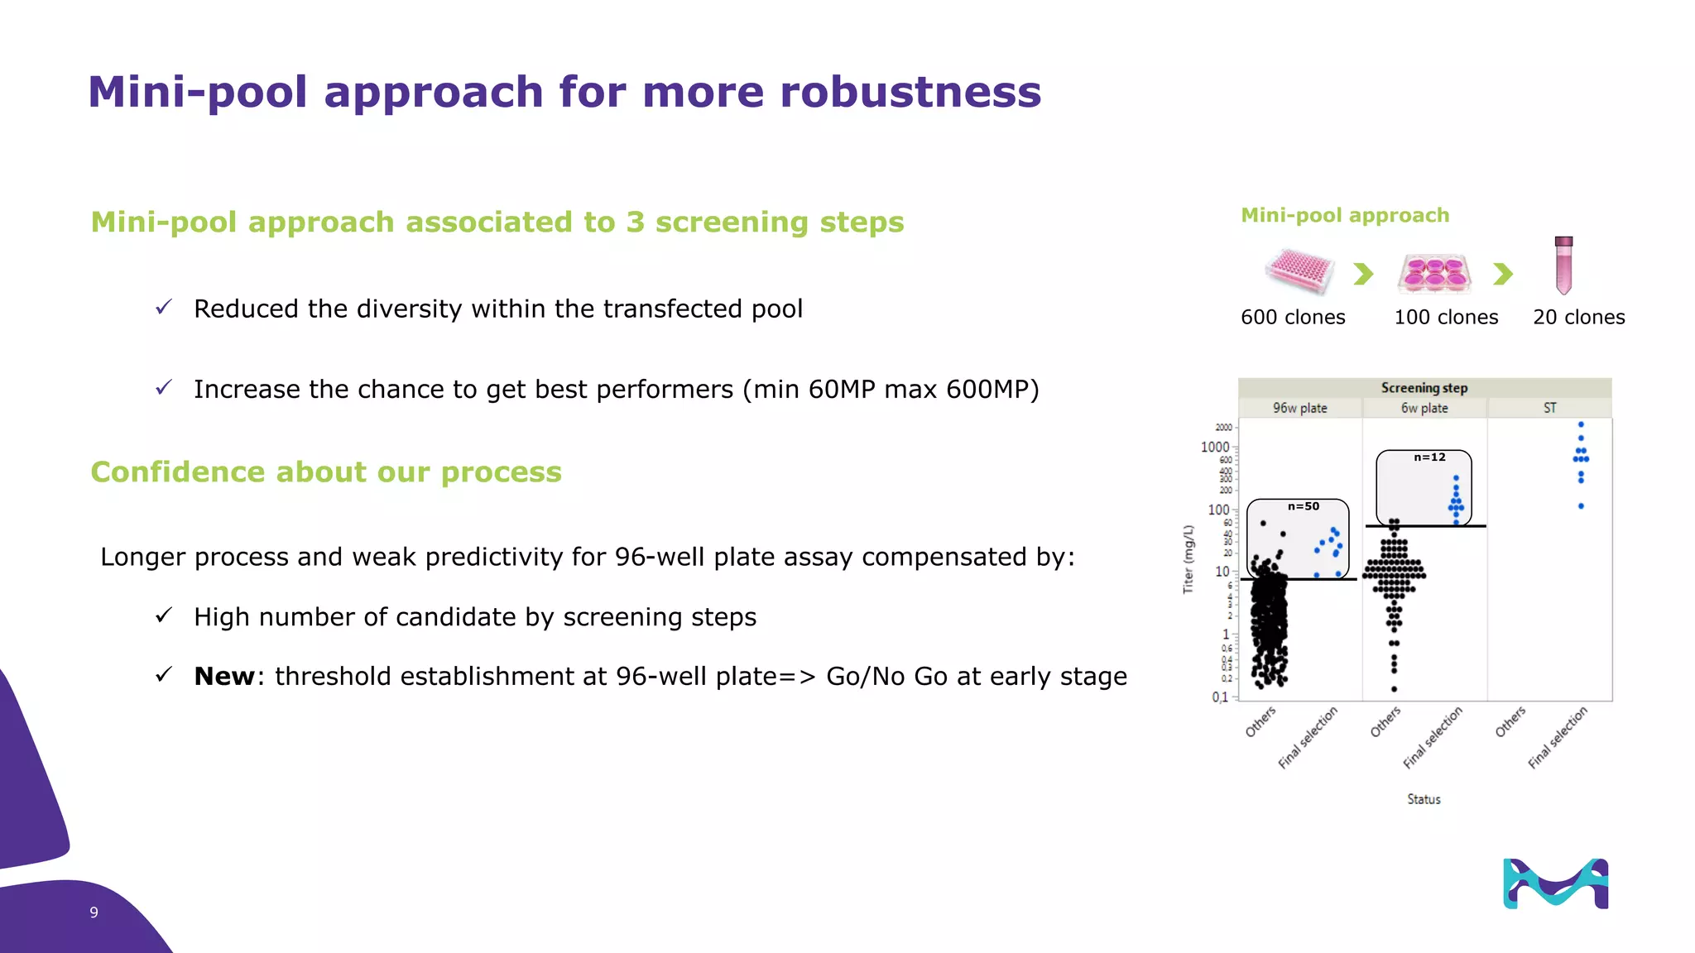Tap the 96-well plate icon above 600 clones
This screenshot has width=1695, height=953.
tap(1299, 271)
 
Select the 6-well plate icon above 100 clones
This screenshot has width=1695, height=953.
tap(1435, 274)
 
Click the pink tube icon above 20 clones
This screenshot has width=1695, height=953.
tap(1563, 266)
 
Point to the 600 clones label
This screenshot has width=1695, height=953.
tap(1293, 318)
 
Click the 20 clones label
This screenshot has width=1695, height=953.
tap(1578, 318)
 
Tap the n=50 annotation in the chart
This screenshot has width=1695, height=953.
tap(1304, 506)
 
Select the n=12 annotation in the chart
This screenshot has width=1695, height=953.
tap(1429, 457)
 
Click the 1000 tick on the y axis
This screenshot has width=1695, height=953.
tap(1215, 447)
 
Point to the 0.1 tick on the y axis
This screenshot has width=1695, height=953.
tap(1220, 697)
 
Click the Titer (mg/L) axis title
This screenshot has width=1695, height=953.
tap(1188, 559)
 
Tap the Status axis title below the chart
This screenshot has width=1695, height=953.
tap(1424, 799)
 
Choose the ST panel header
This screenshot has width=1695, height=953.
tap(1549, 408)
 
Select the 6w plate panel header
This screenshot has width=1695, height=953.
tap(1424, 408)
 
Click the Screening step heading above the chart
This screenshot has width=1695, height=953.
tap(1424, 388)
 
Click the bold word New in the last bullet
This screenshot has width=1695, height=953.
tap(224, 677)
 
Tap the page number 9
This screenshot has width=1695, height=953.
tap(94, 912)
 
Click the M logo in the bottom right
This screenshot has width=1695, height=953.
tap(1555, 884)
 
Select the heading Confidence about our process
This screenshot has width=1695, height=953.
tap(326, 472)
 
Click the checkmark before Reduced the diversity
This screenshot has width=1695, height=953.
tap(164, 308)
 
